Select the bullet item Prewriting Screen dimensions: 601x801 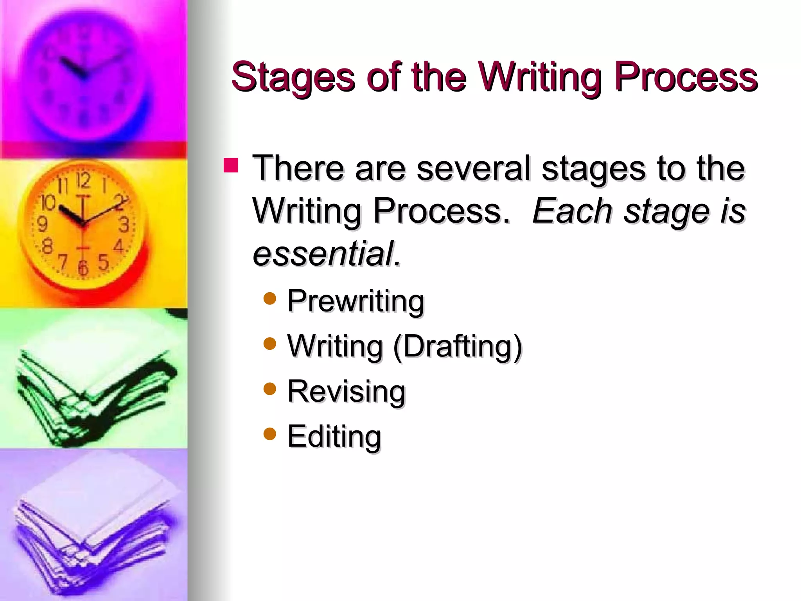tap(355, 301)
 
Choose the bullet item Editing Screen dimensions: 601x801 tap(334, 436)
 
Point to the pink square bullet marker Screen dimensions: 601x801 tap(231, 165)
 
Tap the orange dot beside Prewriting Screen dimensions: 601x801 tap(270, 299)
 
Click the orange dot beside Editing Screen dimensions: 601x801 tap(270, 434)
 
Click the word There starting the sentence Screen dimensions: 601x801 tap(298, 168)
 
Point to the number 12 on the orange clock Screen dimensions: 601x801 tap(83, 180)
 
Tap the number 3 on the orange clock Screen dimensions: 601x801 tap(124, 225)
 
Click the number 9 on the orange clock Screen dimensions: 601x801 tap(42, 224)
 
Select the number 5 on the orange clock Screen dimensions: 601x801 tap(102, 262)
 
